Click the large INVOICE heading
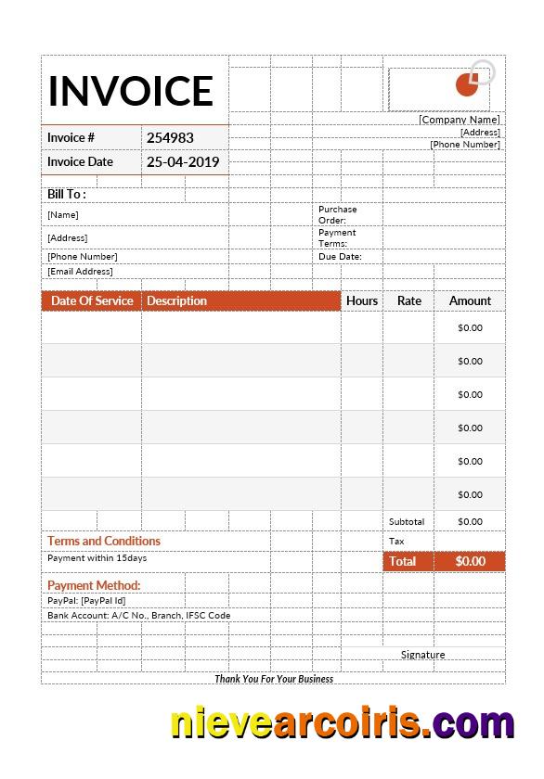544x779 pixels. [131, 91]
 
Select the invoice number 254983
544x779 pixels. [170, 137]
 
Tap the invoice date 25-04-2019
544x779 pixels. [183, 161]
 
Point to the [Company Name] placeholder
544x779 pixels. [459, 120]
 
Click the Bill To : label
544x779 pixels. [67, 194]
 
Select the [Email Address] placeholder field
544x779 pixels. [80, 272]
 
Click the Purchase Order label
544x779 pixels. [337, 214]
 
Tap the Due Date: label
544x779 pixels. [340, 257]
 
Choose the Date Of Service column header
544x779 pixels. [92, 300]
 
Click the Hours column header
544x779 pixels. [362, 300]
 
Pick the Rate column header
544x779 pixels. [408, 300]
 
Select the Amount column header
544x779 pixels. [470, 300]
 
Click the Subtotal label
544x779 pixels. [407, 522]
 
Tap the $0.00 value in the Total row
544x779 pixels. [470, 561]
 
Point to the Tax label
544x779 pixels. [396, 542]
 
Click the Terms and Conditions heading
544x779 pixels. [104, 541]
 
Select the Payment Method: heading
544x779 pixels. [94, 585]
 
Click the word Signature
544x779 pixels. [422, 655]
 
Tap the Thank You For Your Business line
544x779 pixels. [274, 679]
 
